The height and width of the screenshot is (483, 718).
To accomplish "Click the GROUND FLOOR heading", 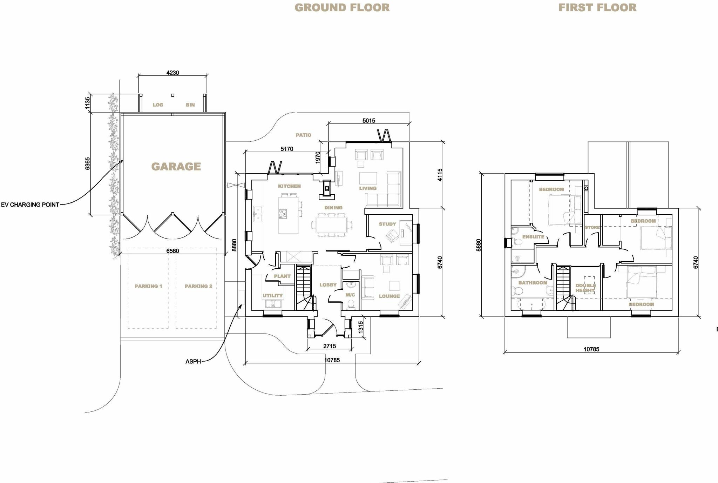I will pos(342,8).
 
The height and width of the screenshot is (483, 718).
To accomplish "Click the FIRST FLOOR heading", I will pos(597,8).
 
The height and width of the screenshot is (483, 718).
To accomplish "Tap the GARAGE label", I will pos(176,167).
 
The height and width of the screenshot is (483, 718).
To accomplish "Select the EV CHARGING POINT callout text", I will pos(30,204).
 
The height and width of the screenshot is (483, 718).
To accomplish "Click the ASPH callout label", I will pos(193,361).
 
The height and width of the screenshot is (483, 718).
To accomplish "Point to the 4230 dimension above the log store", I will pos(172,73).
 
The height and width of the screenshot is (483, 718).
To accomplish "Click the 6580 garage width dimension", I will pos(172,251).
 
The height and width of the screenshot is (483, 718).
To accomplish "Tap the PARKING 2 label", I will pos(198,286).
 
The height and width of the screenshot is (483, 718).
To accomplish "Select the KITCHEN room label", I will pos(289,186).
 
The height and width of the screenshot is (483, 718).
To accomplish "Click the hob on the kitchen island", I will pos(283,213).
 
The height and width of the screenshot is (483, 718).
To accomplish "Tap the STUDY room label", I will pos(387,224).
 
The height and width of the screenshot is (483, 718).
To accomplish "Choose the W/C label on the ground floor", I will pos(350,295).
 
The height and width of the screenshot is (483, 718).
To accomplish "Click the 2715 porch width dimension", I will pos(330,346).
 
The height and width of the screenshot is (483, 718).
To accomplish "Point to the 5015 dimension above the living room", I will pos(369,121).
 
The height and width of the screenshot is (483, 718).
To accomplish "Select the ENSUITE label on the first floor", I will pos(533,237).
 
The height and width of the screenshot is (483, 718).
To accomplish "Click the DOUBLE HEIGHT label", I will pos(585,288).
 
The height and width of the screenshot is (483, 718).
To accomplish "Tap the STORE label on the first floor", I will pos(592,227).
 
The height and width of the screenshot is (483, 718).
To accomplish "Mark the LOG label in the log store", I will pos(158,105).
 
